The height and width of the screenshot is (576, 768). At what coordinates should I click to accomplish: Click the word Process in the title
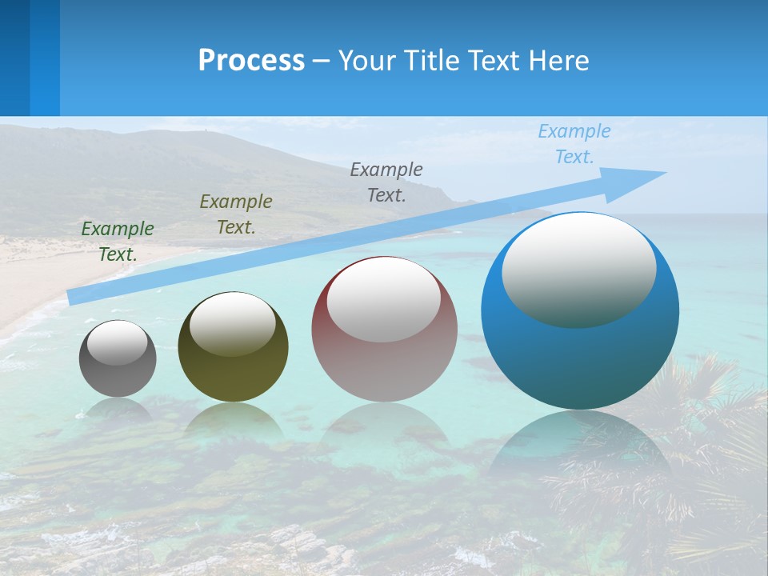[251, 61]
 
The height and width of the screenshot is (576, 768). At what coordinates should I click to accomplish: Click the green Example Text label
[118, 242]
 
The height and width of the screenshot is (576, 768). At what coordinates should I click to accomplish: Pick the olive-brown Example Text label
[236, 214]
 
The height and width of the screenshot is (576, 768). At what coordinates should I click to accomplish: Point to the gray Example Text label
[386, 182]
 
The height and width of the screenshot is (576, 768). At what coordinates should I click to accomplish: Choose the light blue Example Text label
[574, 144]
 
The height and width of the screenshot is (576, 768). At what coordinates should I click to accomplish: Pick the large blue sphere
[580, 360]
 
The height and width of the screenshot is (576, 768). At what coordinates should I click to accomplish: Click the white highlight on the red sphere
[384, 300]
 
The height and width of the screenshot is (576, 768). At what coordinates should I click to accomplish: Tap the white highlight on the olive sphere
[233, 324]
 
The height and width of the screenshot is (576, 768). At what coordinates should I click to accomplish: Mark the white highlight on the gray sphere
[118, 342]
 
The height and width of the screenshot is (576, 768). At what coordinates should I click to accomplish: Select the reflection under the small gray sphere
[118, 409]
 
